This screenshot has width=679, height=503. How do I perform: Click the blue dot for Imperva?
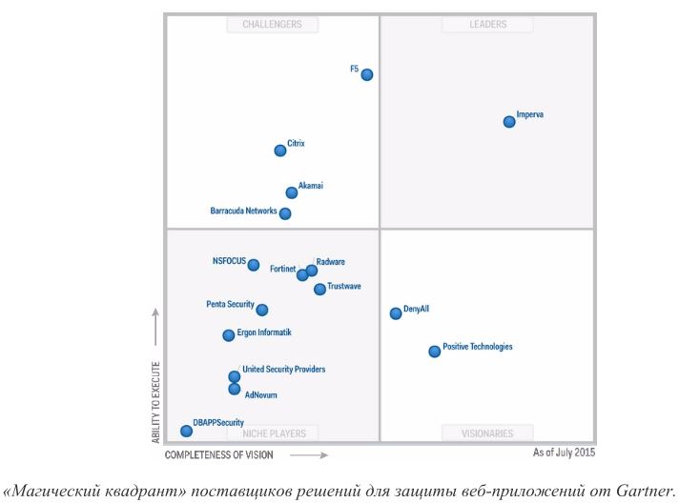(509, 122)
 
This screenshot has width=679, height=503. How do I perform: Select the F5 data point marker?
(367, 74)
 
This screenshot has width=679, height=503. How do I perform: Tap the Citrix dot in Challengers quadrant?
(280, 151)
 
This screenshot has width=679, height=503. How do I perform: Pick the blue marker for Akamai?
(292, 192)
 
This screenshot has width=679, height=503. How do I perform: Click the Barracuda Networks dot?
(285, 213)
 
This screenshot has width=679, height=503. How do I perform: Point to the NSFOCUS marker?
(254, 265)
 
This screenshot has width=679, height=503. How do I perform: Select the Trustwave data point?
(319, 290)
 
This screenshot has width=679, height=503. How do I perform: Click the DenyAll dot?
(396, 313)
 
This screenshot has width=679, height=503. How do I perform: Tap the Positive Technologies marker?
(435, 352)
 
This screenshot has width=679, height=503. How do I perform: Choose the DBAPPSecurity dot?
(187, 431)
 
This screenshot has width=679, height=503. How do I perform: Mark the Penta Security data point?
(262, 310)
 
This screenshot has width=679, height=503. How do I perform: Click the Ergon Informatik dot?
(229, 335)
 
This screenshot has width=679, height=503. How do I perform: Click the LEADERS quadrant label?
(488, 25)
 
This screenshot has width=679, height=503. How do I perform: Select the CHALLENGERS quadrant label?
(272, 25)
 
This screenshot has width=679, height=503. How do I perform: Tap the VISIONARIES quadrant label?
(487, 433)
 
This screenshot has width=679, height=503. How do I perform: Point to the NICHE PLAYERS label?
(274, 433)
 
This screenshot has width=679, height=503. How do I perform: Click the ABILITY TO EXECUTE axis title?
(155, 400)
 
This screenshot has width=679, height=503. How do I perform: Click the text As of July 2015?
(564, 453)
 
